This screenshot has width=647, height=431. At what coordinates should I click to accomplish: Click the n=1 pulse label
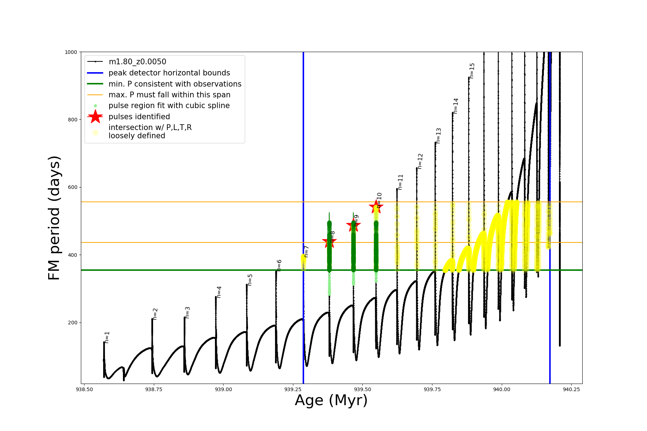coord(107,337)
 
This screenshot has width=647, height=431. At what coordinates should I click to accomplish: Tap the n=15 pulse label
coord(472,71)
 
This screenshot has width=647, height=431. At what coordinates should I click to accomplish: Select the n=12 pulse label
coord(420,161)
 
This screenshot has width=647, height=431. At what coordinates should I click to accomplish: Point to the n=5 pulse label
coord(250,280)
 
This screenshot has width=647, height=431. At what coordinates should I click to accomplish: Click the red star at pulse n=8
coord(329,242)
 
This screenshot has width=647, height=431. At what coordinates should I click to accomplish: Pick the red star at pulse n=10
coord(376,207)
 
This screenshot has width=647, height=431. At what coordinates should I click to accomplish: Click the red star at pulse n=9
coord(353,226)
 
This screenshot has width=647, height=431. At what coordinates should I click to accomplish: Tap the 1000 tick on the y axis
coord(71,52)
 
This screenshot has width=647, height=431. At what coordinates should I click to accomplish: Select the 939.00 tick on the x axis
coord(223,389)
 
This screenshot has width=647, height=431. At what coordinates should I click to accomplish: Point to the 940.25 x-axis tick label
coord(571,389)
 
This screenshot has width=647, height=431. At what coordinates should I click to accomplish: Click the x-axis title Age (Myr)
coord(331,400)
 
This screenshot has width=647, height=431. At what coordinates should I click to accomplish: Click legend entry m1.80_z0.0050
coord(137,62)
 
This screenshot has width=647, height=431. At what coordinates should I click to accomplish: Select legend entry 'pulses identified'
coord(139,117)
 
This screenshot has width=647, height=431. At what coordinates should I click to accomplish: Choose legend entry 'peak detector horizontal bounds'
coord(169,73)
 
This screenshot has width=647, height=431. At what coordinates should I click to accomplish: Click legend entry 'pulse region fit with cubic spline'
coord(169,106)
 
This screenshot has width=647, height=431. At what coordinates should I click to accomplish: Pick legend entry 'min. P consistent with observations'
coord(175,84)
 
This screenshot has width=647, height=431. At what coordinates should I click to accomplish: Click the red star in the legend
coord(95,117)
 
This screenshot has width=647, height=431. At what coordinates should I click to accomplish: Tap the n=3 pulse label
coord(187,312)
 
